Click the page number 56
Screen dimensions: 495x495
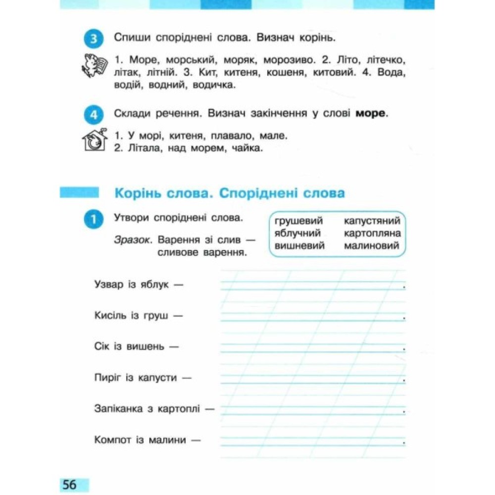click(70, 484)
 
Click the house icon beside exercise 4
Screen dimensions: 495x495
click(94, 140)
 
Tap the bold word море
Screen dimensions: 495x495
click(370, 113)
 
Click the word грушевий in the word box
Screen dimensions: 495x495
click(298, 221)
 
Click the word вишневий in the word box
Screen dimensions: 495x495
click(299, 246)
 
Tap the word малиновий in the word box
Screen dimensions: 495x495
click(371, 246)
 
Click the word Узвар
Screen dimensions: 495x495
click(108, 285)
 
